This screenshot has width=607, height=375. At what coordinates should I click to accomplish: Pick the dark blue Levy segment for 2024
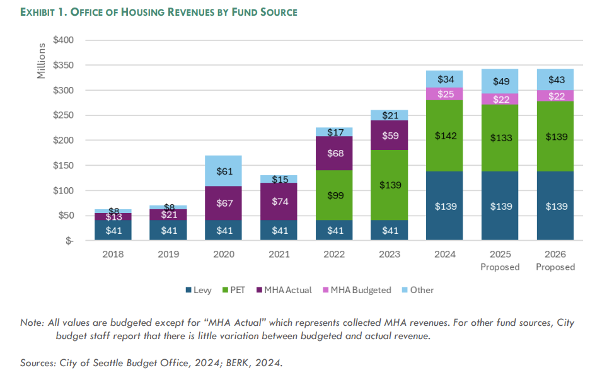pos(444,205)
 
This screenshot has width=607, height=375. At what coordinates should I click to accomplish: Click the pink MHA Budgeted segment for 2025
pos(500,99)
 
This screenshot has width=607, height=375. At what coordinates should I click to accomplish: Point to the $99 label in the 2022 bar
pos(334,195)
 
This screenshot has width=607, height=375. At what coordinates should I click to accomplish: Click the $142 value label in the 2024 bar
pos(444,136)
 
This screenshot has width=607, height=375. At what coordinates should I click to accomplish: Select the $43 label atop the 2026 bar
pos(555,80)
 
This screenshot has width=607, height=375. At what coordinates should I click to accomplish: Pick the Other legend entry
pos(416,290)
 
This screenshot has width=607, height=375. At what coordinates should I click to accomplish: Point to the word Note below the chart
pos(32,323)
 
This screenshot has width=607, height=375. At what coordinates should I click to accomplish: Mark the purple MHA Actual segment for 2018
pos(113,217)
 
